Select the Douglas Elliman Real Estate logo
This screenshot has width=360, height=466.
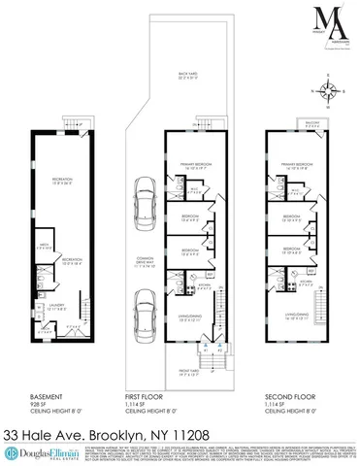pyautogui.click(x=42, y=452)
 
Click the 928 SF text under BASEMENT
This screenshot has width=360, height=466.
pyautogui.click(x=39, y=402)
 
